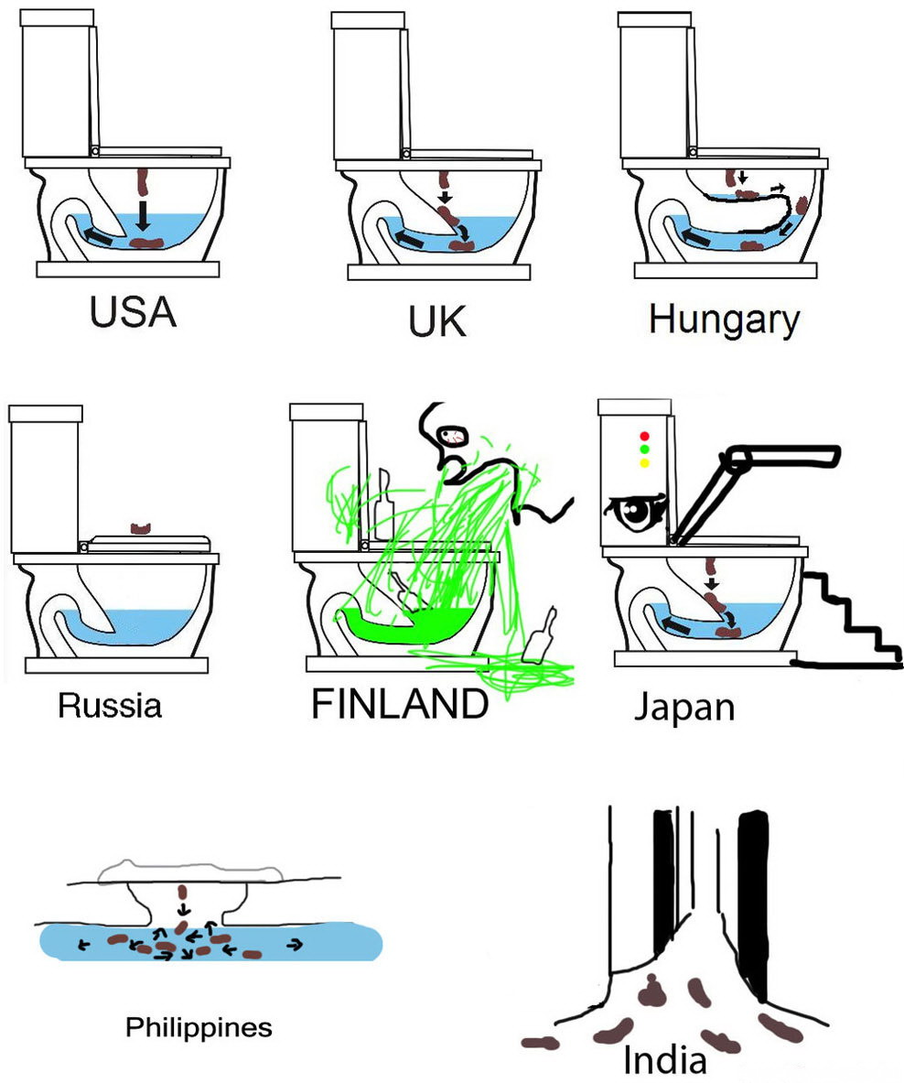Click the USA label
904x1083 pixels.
pos(133,313)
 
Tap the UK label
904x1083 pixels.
pos(438,321)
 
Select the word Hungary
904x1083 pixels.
pos(724,320)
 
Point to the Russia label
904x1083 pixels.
pos(109,705)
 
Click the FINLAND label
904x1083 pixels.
pos(400,704)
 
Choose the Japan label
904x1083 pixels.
pos(684,707)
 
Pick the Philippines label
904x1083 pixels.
pos(199,1027)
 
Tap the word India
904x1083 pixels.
pos(665,1060)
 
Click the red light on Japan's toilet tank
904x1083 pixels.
pos(644,436)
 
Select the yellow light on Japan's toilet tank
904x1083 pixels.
pos(644,463)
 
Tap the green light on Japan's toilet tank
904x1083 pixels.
pos(644,449)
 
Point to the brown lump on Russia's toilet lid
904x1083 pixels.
pos(140,527)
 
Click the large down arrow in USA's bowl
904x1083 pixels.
pos(143,216)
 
